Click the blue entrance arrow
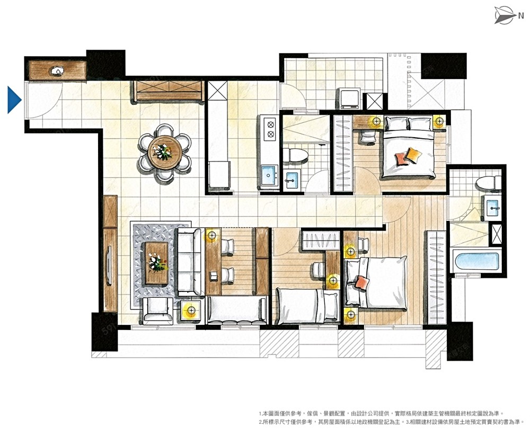[x=14, y=100]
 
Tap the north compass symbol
[x=506, y=15]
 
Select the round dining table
[x=165, y=152]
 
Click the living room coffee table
[x=156, y=263]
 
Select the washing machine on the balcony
[x=349, y=99]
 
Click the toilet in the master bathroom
[x=489, y=183]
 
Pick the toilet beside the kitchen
[x=295, y=155]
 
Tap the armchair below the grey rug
[x=157, y=311]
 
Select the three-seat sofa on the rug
[x=189, y=262]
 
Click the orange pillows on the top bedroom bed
[x=409, y=157]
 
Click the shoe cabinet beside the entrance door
[x=57, y=70]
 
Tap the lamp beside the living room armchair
[x=191, y=310]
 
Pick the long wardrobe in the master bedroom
[x=437, y=277]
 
